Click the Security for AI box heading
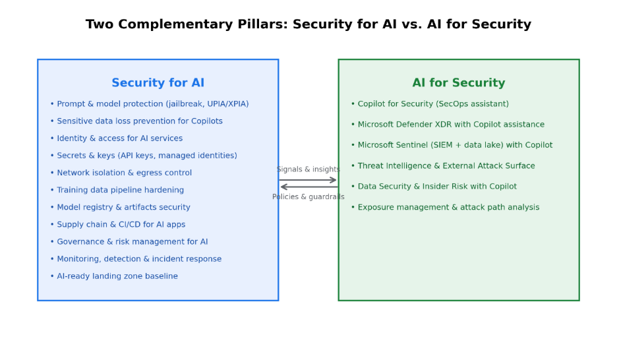(x=158, y=83)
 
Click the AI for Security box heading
(x=459, y=83)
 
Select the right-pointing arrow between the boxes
(x=308, y=179)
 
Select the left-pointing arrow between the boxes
(x=308, y=187)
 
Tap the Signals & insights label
(x=308, y=169)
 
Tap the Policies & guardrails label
(x=308, y=196)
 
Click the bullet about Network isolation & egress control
(x=124, y=173)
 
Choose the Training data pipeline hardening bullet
(x=120, y=190)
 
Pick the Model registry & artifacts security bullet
(x=123, y=207)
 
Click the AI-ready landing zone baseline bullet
(x=117, y=276)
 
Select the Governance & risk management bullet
(x=132, y=242)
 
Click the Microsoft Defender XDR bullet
(x=451, y=125)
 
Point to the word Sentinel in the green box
(x=417, y=145)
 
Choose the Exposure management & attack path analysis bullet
(x=448, y=207)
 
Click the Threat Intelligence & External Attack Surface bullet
(x=446, y=166)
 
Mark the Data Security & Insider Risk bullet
(x=437, y=187)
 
